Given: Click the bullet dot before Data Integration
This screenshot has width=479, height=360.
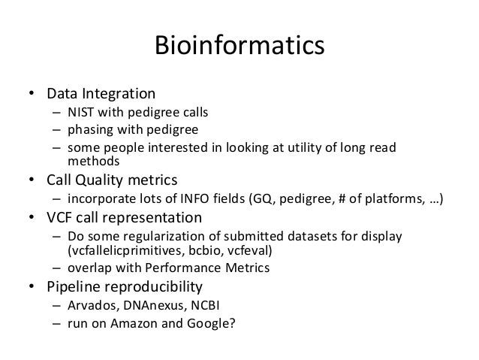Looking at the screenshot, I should pyautogui.click(x=32, y=95).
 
